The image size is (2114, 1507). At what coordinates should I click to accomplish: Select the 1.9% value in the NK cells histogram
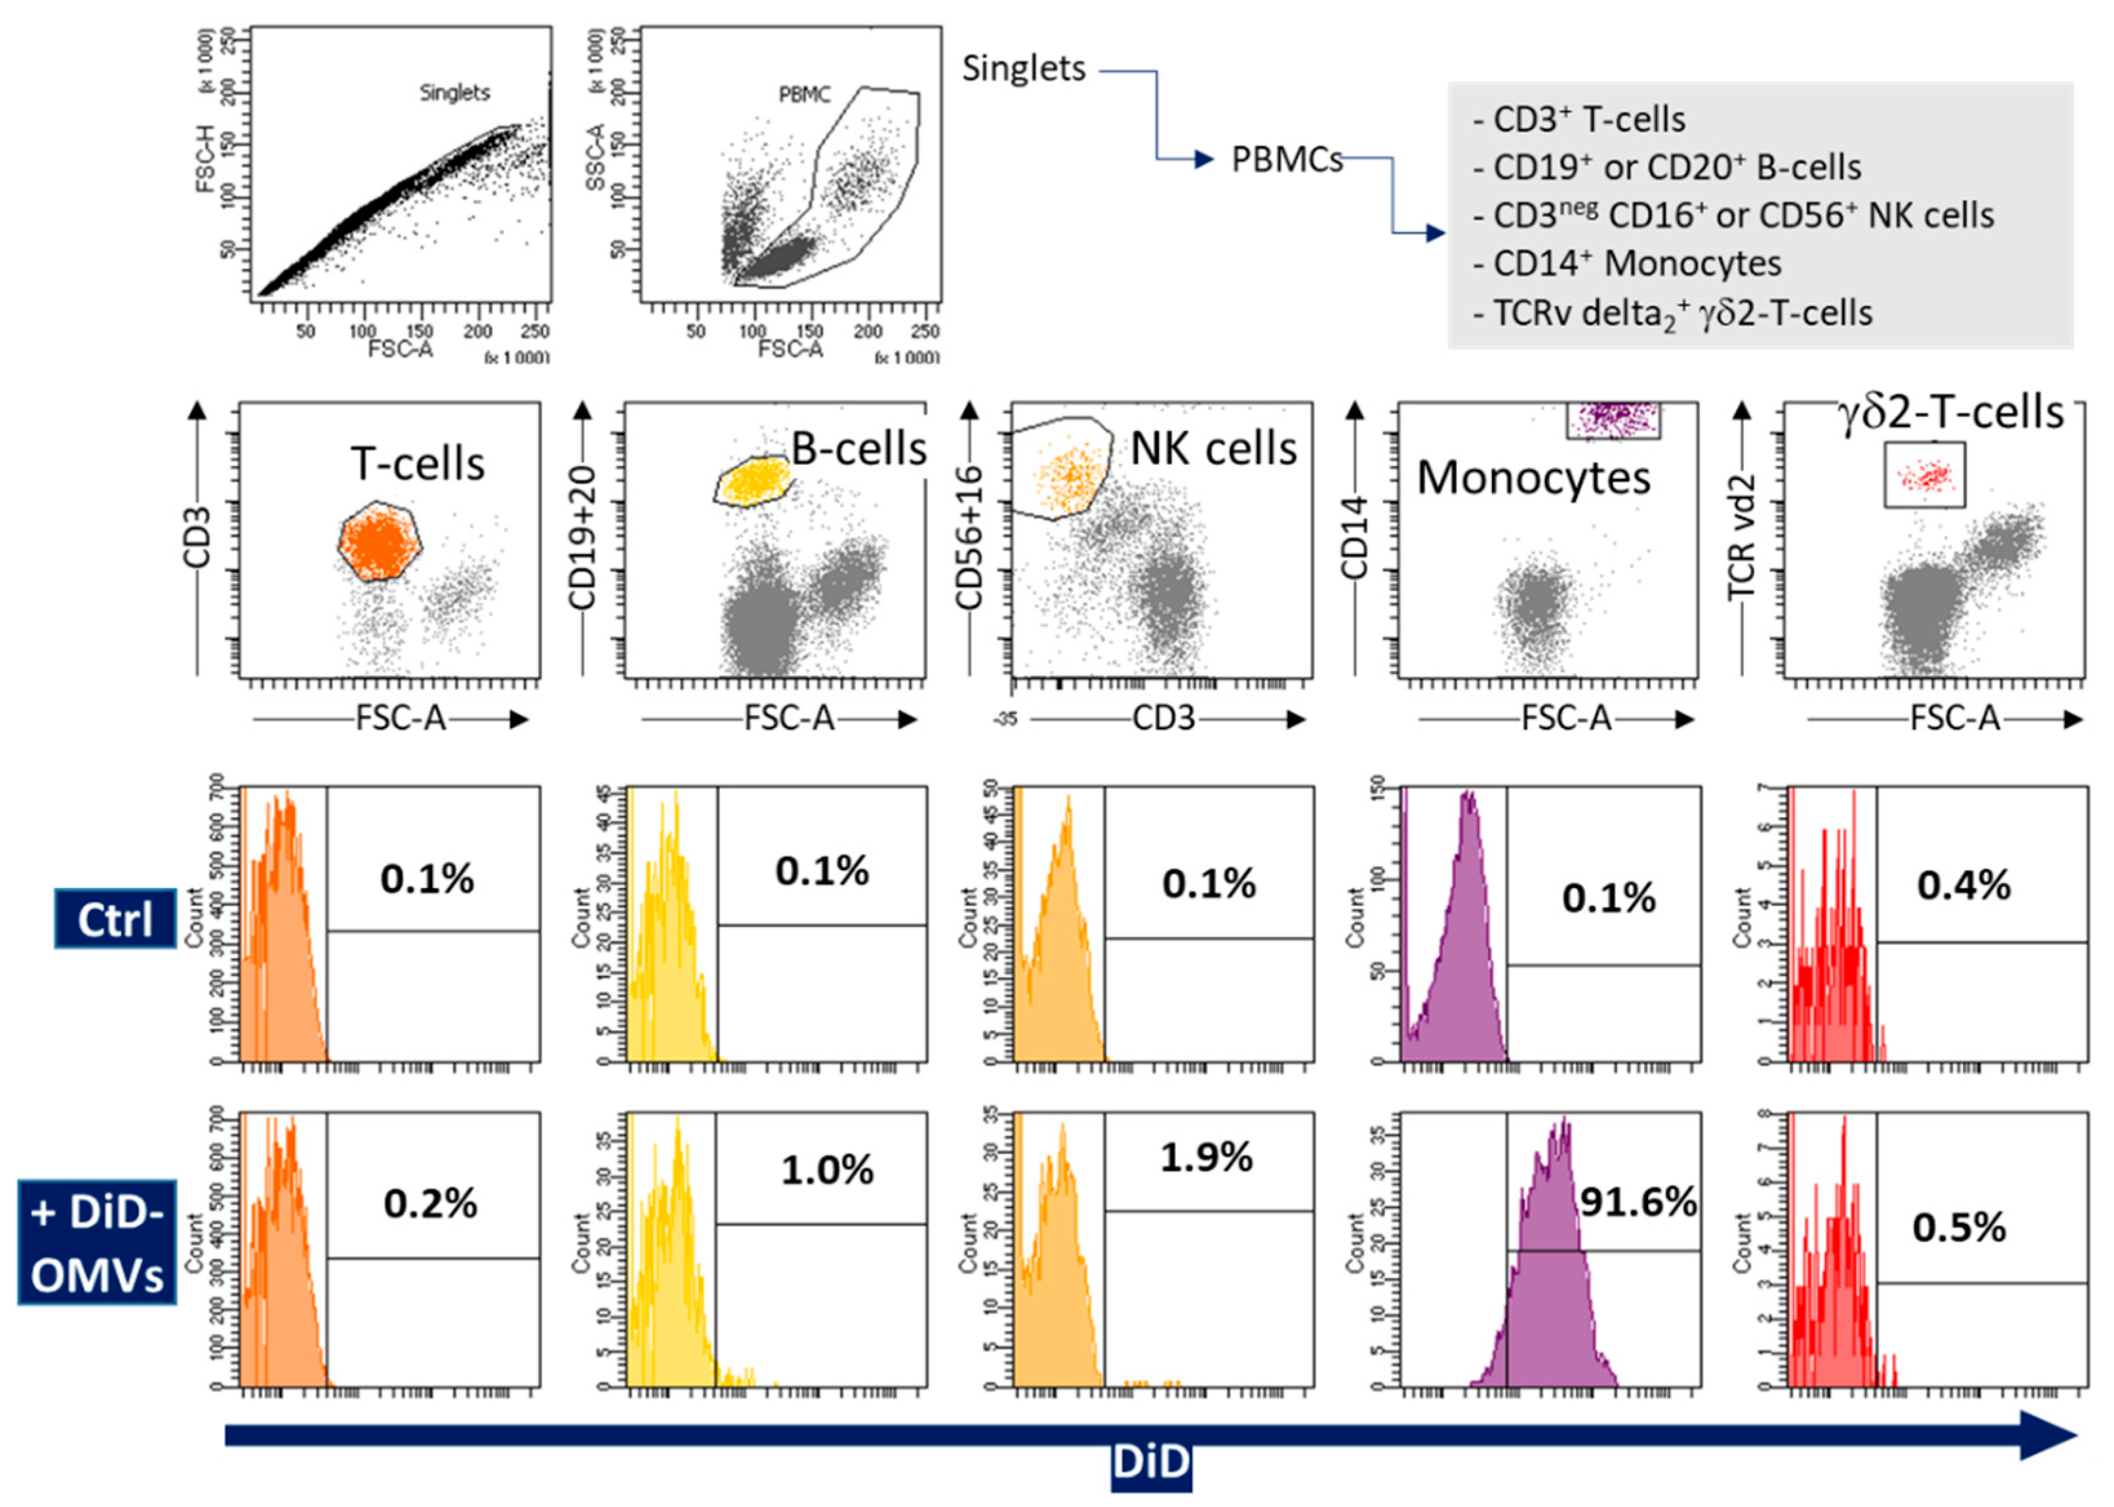click(x=1206, y=1157)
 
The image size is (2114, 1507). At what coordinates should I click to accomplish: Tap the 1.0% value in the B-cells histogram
click(x=827, y=1170)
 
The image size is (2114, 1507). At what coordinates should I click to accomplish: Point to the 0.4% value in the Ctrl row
click(x=1964, y=885)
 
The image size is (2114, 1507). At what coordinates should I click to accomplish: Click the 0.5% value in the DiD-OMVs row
click(x=1959, y=1228)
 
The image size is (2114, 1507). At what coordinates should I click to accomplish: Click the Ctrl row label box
click(x=115, y=918)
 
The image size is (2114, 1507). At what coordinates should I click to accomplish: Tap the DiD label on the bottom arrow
click(x=1150, y=1462)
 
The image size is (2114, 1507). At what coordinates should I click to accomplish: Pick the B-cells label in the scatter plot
click(x=859, y=449)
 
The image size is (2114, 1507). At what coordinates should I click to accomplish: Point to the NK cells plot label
click(x=1213, y=449)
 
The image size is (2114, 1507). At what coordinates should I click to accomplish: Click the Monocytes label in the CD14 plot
click(x=1533, y=478)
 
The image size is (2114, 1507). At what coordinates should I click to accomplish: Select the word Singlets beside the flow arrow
click(x=1023, y=68)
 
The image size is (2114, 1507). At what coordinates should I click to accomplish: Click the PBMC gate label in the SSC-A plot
click(x=804, y=95)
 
